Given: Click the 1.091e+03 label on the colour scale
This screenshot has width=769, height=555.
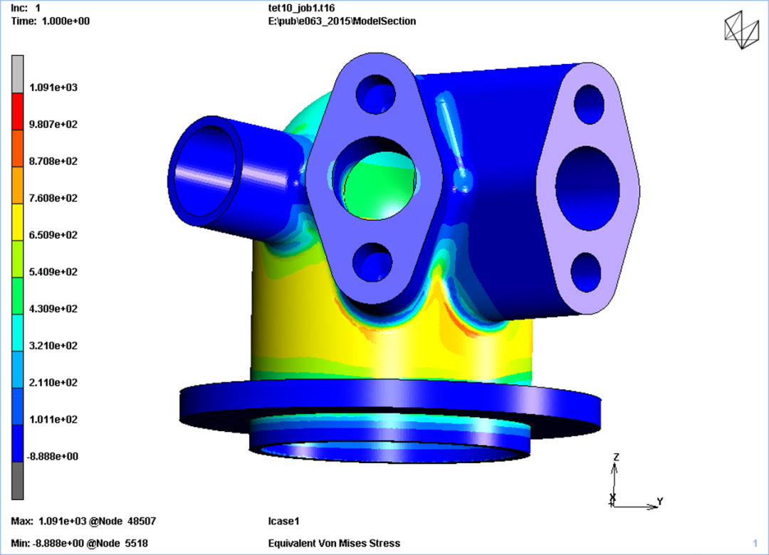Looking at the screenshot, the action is (x=53, y=88).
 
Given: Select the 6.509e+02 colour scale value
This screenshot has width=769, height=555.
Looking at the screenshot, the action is (x=53, y=235).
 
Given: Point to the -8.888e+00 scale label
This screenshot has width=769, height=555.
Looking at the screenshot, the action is (x=52, y=456).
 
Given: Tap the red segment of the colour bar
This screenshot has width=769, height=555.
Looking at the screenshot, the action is (x=18, y=111).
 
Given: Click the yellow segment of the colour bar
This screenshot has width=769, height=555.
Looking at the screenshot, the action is (x=18, y=222).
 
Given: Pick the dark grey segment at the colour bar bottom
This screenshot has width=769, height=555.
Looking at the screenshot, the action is (x=18, y=481).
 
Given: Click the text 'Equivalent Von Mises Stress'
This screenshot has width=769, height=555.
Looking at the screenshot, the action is (x=334, y=543).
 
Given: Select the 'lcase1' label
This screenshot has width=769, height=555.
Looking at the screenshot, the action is (x=283, y=521).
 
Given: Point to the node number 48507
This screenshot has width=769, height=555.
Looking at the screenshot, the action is (x=142, y=521).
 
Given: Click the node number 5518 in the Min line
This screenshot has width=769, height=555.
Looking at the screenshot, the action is (x=136, y=543).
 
